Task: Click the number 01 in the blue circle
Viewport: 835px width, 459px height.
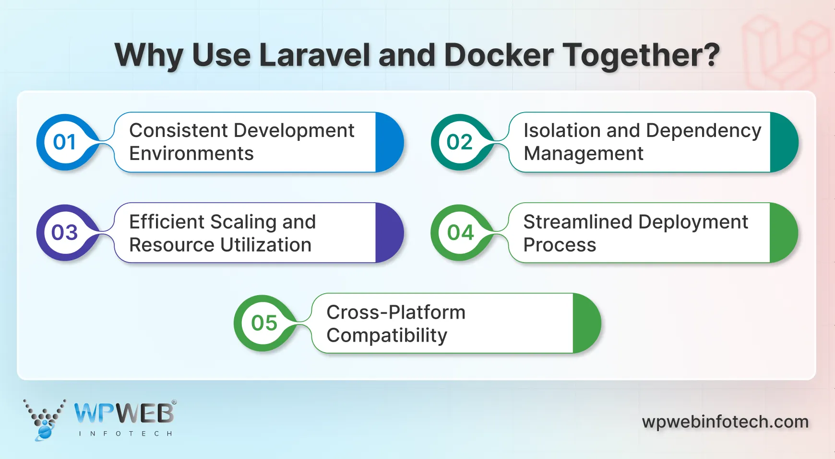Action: click(x=64, y=142)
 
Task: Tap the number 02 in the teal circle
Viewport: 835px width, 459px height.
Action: click(x=459, y=142)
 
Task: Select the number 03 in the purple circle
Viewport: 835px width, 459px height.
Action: click(x=64, y=233)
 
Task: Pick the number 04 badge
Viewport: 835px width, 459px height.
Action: click(x=460, y=233)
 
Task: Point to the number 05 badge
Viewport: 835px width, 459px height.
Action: click(x=264, y=323)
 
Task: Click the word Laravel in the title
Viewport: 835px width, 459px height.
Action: click(x=315, y=55)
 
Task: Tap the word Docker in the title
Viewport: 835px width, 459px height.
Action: click(x=499, y=55)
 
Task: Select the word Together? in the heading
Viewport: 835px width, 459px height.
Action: click(x=641, y=55)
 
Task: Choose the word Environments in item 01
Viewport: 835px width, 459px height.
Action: click(x=191, y=154)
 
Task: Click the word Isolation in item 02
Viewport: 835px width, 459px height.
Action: click(x=561, y=131)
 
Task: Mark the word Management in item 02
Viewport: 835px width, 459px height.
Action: click(x=583, y=154)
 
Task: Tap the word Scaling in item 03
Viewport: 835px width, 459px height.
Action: click(x=243, y=222)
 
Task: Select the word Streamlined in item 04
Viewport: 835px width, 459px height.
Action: click(x=577, y=222)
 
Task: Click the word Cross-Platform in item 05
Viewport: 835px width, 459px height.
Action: click(x=395, y=312)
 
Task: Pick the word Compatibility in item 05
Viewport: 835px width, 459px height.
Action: click(x=386, y=335)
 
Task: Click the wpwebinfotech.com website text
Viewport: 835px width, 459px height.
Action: click(x=725, y=422)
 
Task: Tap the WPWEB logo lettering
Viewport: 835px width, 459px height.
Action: click(x=124, y=413)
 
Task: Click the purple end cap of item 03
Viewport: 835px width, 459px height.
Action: click(x=389, y=233)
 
